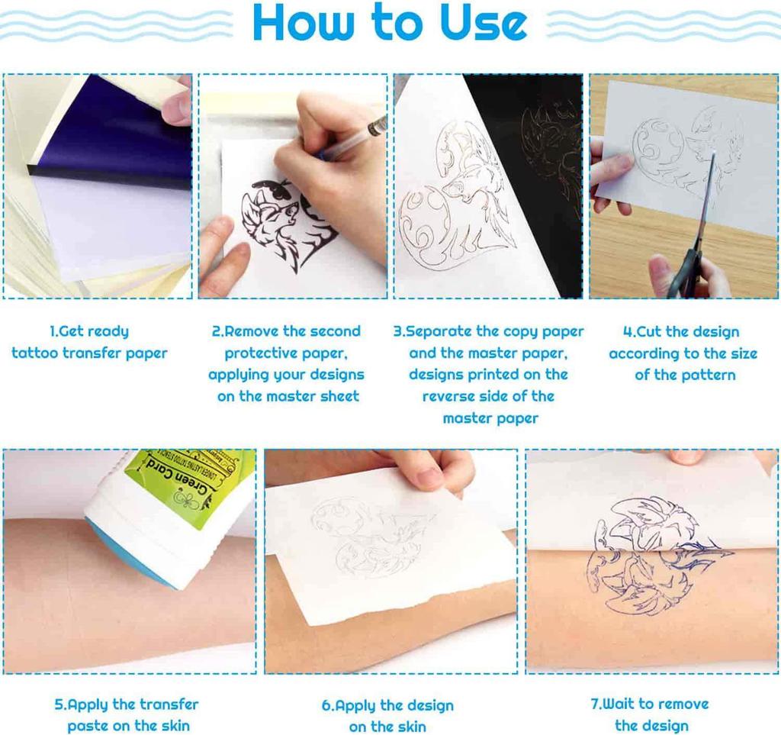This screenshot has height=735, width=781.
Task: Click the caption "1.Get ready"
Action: tap(89, 331)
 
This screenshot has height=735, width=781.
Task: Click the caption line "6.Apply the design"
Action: tap(387, 705)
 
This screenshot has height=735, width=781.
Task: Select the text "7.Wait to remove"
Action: tap(650, 704)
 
